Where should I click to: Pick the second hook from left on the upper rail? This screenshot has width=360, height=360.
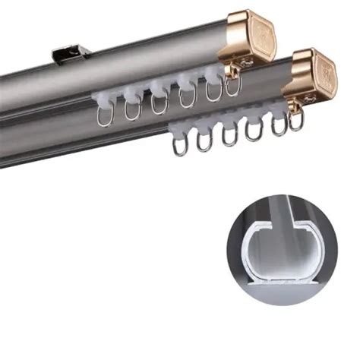133,109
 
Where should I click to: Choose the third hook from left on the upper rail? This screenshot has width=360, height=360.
159,103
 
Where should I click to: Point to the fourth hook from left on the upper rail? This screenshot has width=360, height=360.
187,97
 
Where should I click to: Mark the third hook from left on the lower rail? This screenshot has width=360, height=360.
229,134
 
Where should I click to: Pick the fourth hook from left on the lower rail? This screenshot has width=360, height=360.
254,130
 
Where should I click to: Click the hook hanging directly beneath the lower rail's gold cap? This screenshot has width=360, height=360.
297,119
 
